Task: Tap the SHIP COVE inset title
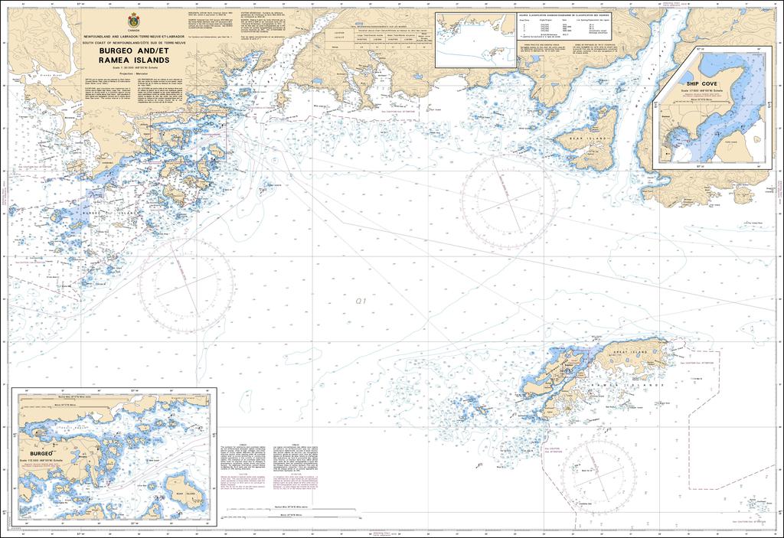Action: pyautogui.click(x=702, y=80)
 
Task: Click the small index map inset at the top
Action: pyautogui.click(x=472, y=38)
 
